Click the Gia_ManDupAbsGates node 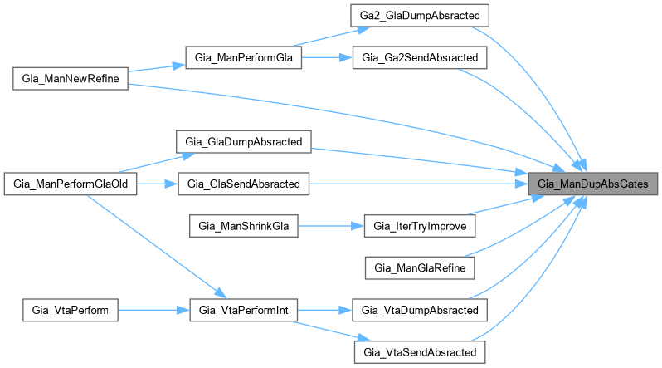[594, 183]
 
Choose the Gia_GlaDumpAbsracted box [243, 140]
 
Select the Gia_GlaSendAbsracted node [243, 183]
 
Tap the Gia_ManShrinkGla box [243, 225]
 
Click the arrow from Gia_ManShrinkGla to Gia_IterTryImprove [331, 225]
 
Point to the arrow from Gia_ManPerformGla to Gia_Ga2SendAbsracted [327, 58]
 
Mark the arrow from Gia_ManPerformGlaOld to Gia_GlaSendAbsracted [158, 183]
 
